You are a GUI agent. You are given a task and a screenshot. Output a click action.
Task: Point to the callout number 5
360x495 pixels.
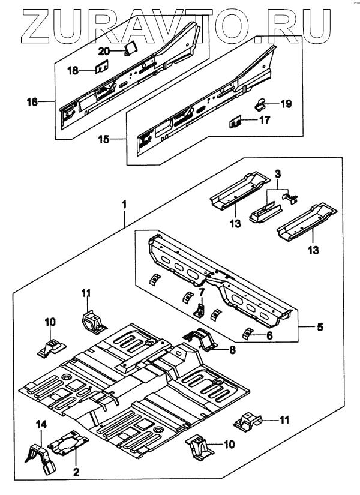point(320,327)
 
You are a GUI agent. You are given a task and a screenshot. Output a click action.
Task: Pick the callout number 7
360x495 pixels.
point(202,292)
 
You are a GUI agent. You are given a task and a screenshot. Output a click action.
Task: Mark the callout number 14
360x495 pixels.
point(41,425)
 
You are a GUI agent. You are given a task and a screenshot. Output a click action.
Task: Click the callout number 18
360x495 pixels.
point(73,71)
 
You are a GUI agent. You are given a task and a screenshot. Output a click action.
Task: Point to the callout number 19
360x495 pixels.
point(286,104)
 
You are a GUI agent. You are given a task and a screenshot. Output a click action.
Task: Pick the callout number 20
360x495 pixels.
point(104,51)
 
